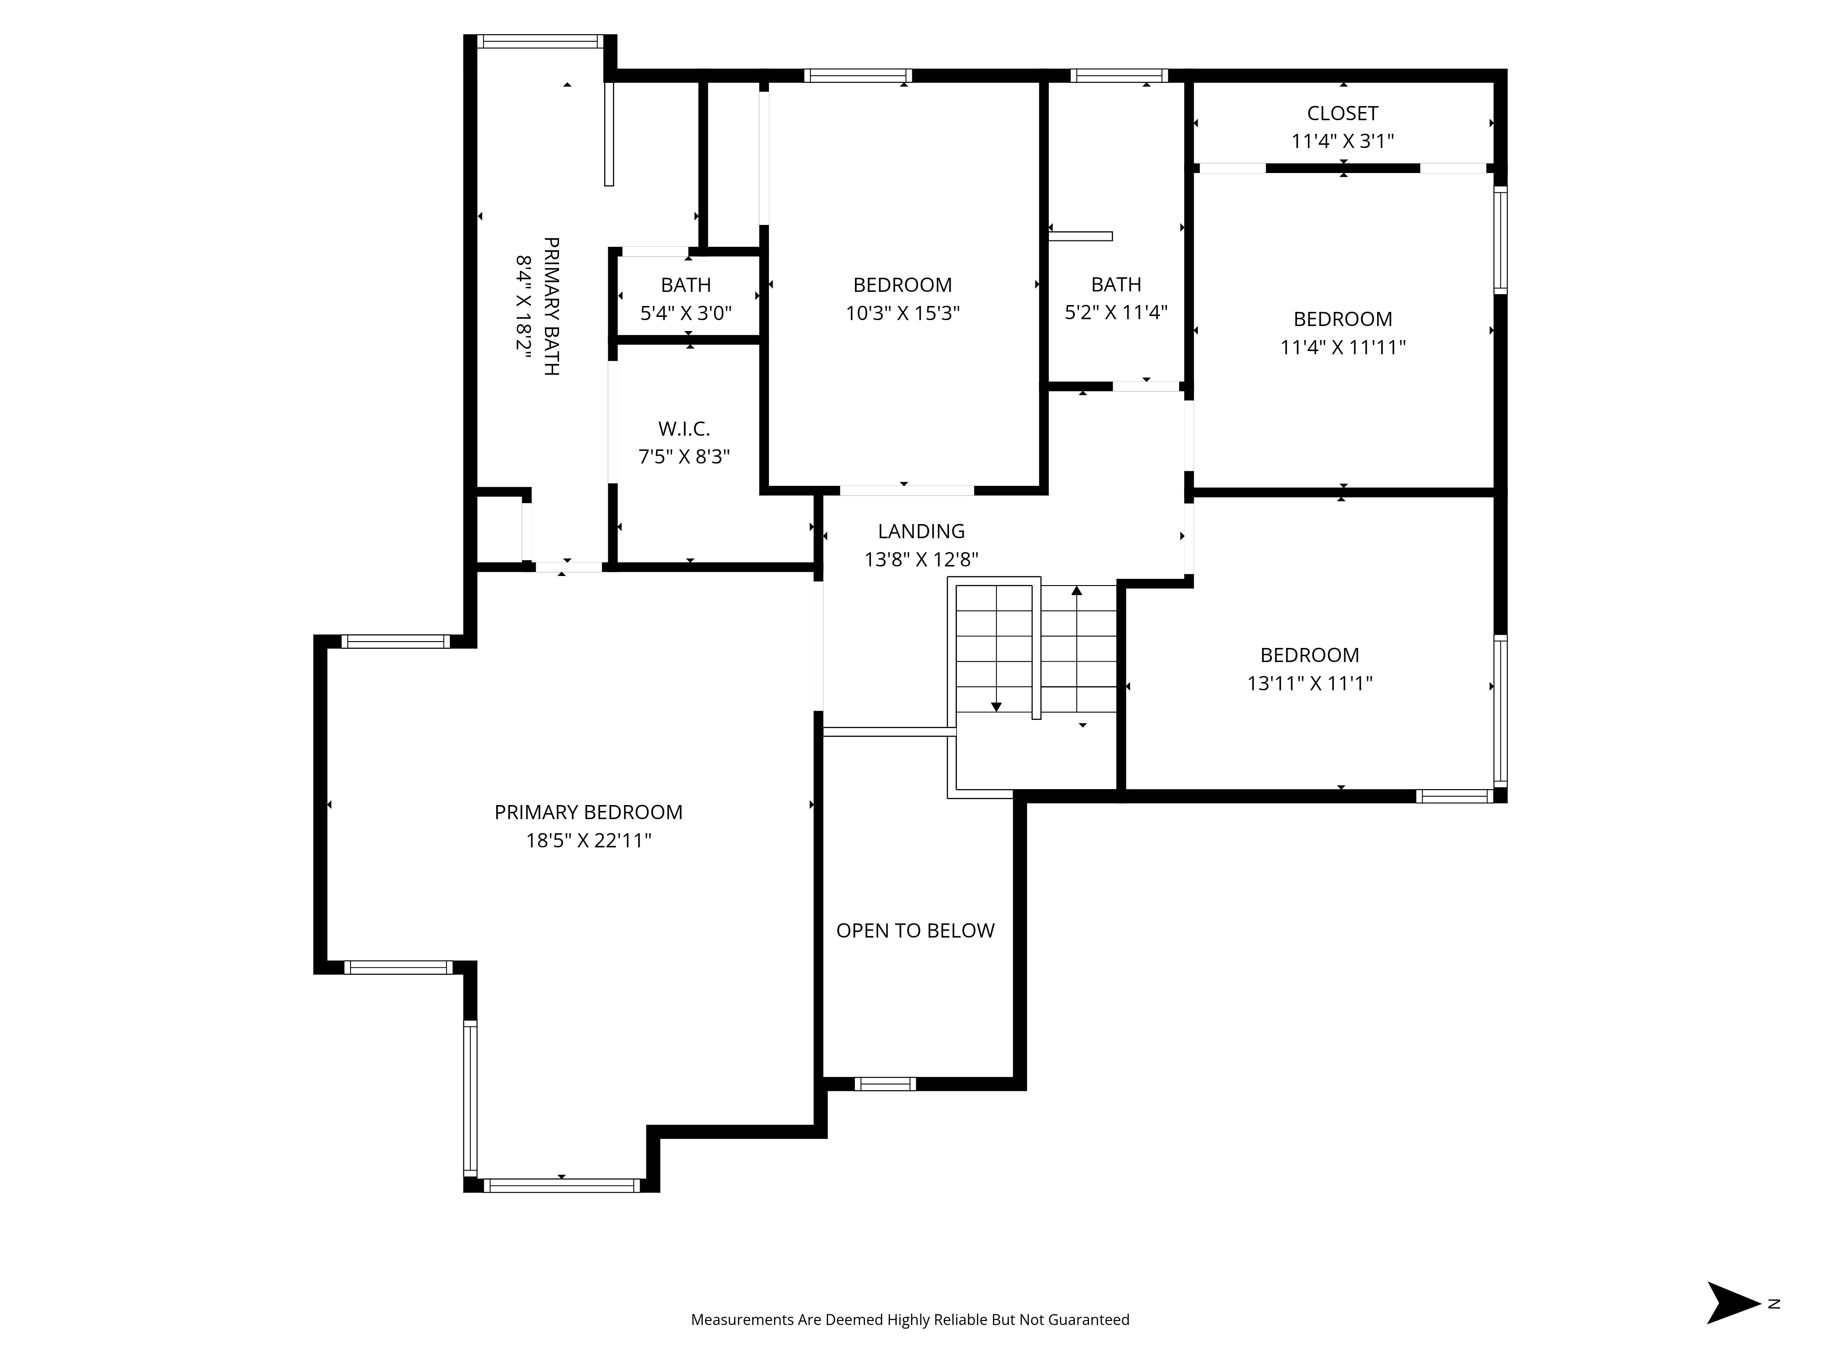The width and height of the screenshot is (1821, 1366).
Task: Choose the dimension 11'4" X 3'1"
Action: pos(1342,142)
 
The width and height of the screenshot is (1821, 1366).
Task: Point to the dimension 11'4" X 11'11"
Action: pos(1342,347)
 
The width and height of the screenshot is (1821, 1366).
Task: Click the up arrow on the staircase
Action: pos(1077,591)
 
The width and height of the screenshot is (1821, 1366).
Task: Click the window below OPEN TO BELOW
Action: pos(885,1084)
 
